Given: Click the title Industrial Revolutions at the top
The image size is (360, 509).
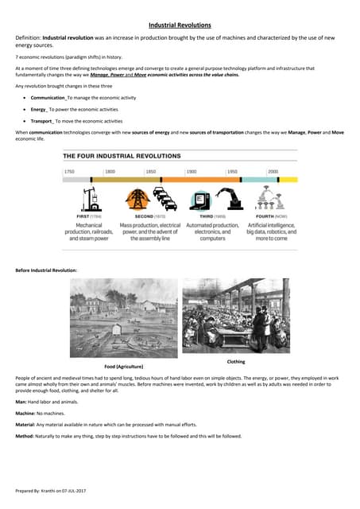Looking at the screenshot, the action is click(180, 25).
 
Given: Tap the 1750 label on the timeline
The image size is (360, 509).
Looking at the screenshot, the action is click(69, 171).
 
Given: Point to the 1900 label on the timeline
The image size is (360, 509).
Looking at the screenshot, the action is click(191, 171).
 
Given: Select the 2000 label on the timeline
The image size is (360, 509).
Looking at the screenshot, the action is click(273, 171).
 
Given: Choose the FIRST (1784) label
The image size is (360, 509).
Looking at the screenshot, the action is click(88, 216).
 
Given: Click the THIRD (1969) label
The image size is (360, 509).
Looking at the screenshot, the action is click(212, 216).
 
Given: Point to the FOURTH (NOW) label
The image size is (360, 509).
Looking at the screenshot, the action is click(272, 216).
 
